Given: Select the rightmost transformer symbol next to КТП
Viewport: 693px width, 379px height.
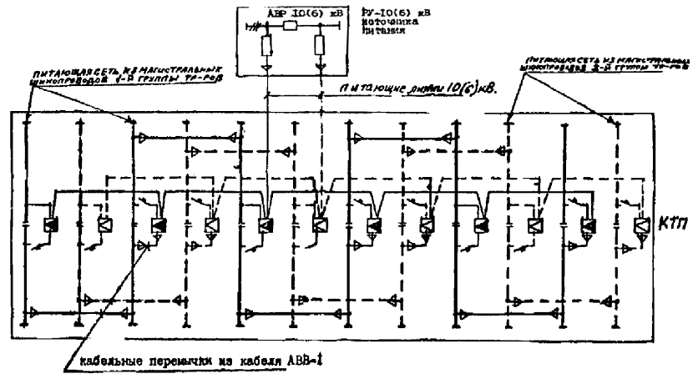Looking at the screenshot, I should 641,225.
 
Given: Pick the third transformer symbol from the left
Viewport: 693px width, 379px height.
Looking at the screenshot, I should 156,225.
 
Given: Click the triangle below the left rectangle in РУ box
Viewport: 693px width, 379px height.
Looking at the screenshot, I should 267,64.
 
